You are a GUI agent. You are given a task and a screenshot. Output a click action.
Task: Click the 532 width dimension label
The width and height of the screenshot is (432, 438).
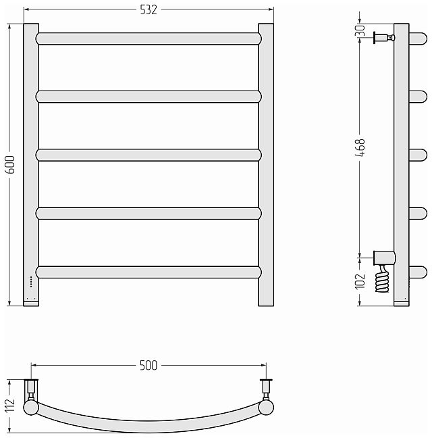[148, 9]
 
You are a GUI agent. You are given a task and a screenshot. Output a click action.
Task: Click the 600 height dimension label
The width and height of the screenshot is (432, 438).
[9, 165]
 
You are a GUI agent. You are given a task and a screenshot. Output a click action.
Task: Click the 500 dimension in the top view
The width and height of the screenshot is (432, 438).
[148, 366]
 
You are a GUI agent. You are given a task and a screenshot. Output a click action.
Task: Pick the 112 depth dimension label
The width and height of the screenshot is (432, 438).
[9, 404]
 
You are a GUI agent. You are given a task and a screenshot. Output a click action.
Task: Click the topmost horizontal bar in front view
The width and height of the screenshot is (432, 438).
[148, 39]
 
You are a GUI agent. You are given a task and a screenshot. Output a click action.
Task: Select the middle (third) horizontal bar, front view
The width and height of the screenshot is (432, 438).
[148, 155]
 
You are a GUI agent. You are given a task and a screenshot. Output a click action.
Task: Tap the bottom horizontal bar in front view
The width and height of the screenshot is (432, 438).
[148, 272]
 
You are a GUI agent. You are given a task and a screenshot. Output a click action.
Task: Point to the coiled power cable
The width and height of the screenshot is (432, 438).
[382, 280]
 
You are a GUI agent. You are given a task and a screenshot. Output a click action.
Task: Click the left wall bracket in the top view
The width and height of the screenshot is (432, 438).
[31, 391]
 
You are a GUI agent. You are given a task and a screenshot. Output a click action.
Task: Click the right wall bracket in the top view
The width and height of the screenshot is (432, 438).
[266, 391]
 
